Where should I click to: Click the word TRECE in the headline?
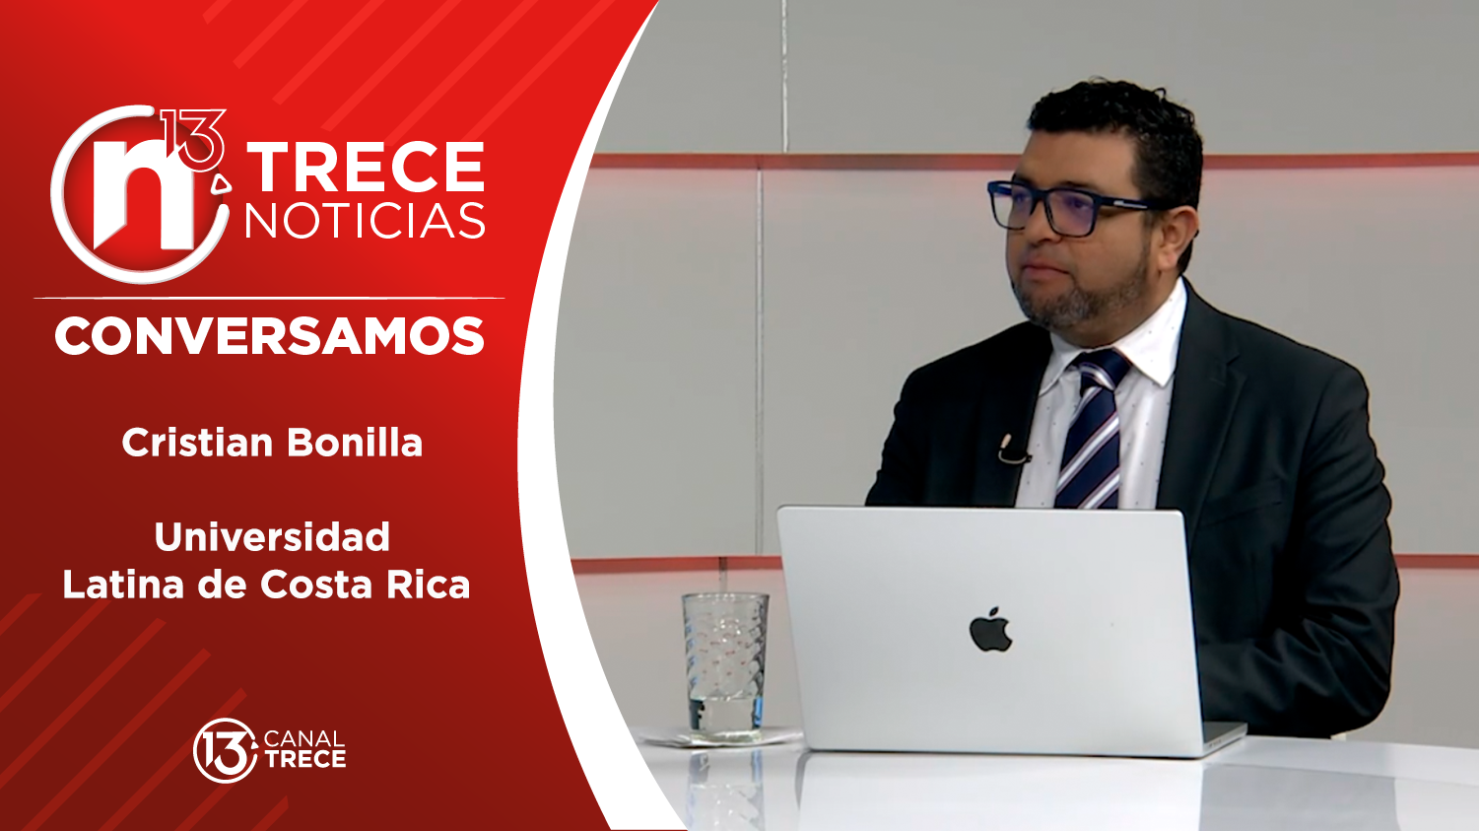point(366,168)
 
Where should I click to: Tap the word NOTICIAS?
point(366,221)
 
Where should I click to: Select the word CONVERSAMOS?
point(269,337)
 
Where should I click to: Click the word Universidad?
point(272,537)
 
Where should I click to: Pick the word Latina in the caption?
point(123,585)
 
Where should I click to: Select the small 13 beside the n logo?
point(193,138)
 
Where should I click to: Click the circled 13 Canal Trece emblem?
point(224,751)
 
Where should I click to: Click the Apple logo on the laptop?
point(990,630)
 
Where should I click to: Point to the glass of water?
point(725,663)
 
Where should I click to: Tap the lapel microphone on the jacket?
point(1011,450)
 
